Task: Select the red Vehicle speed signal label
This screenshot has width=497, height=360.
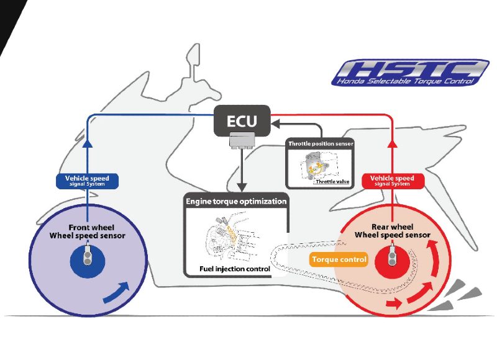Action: pyautogui.click(x=392, y=181)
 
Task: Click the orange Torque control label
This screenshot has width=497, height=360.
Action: pyautogui.click(x=339, y=259)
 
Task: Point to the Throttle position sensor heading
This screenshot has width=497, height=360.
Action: pyautogui.click(x=321, y=144)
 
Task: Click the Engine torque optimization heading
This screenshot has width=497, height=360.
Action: pyautogui.click(x=236, y=201)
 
